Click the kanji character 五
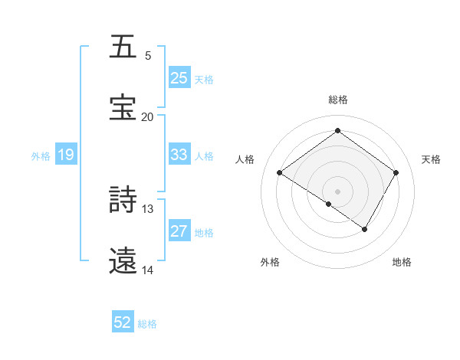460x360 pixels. pos(123,47)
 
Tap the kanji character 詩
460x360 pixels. pos(123,201)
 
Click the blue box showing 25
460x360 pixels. pos(179,77)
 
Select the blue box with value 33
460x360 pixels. pos(179,155)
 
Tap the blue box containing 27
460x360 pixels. pos(179,231)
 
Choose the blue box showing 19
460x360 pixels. pos(65,155)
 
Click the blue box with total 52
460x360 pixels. pos(123,322)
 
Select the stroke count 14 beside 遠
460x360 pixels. pos(147,270)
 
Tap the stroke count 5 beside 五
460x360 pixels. pos(147,56)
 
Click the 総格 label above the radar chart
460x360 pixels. pos(337,100)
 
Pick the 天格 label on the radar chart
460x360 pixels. pos(431,159)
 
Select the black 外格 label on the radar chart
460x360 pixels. pos(270,262)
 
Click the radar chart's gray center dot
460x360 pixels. pos(337,191)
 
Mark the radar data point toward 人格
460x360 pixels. pos(280,173)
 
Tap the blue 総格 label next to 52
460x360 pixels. pos(147,323)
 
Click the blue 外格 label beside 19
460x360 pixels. pos(41,155)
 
